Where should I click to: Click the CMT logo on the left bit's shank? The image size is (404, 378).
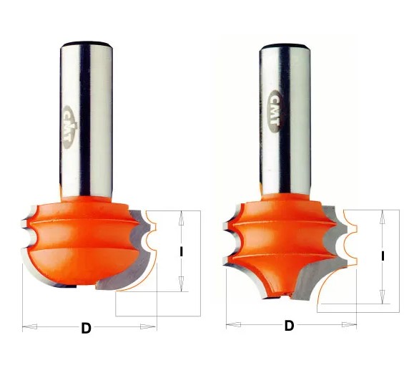69,127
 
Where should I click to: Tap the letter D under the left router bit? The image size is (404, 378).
86,329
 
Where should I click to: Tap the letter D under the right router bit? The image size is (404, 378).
289,326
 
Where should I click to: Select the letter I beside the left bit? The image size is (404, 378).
182,251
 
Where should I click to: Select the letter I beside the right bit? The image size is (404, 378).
383,256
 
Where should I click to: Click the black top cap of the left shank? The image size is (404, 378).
87,44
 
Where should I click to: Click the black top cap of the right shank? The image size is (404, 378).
285,47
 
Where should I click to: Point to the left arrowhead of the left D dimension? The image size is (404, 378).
29,327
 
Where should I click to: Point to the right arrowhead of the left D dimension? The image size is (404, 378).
148,326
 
